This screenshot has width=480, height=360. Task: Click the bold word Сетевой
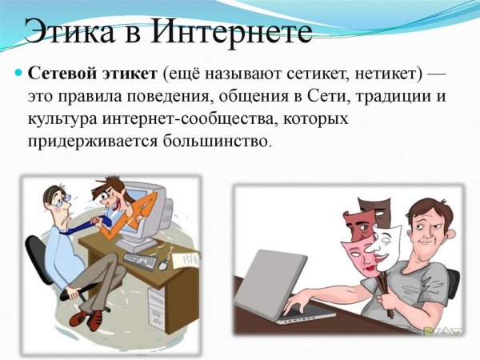point(62,76)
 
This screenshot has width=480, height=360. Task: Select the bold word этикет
point(129,76)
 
